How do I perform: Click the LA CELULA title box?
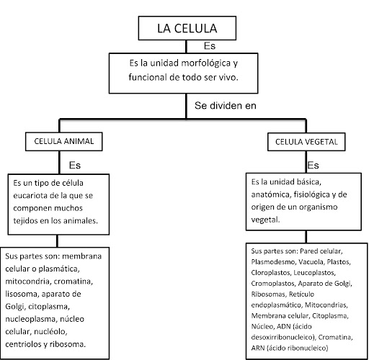point(187,28)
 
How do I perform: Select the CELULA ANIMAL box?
point(64,141)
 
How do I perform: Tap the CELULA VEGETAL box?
point(306,142)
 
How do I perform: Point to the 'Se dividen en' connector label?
point(226,106)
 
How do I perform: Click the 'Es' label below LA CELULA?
point(210,46)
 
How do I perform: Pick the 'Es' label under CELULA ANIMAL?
point(75,166)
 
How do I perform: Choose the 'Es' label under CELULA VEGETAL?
point(313,166)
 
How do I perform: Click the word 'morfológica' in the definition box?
point(205,63)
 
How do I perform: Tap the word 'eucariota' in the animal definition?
point(30,196)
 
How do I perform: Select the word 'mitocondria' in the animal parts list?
point(27,282)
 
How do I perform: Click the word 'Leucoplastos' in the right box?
point(314,273)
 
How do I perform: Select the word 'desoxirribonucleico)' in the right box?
point(283,337)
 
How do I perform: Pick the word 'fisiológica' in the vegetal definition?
point(312,194)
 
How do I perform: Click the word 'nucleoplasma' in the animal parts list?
point(30,320)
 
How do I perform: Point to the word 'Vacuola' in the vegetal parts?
point(311,262)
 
